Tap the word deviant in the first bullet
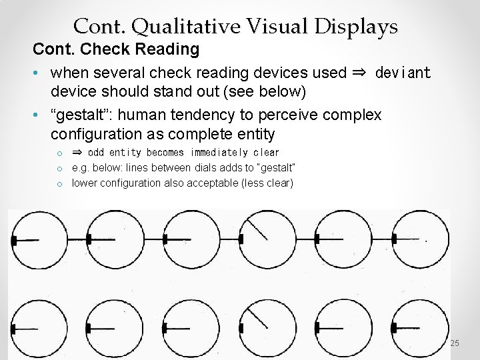[403, 72]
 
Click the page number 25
[455, 343]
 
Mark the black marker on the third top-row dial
[165, 238]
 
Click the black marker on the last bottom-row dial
[394, 327]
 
